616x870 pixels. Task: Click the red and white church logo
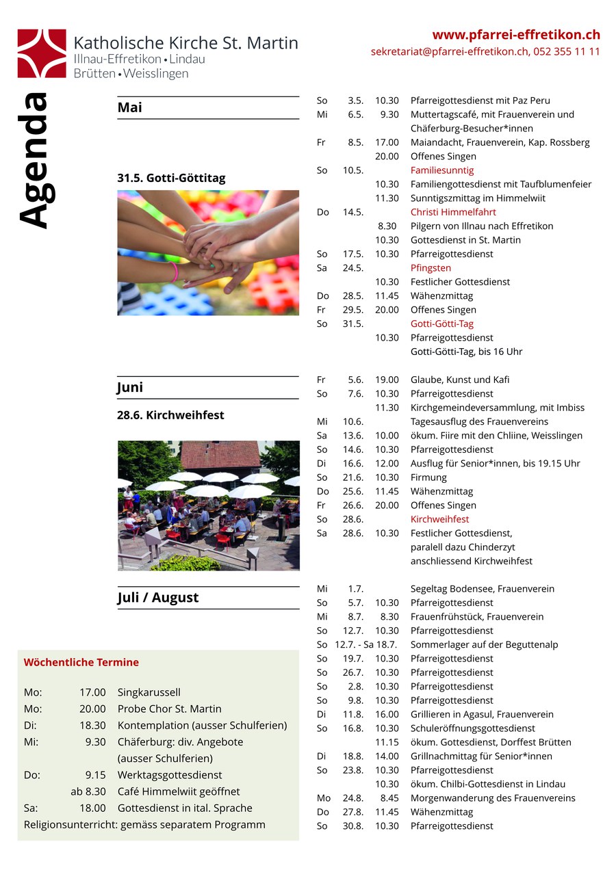pos(42,53)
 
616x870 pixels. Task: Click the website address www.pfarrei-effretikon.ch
pos(516,35)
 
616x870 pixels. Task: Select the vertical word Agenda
pos(34,160)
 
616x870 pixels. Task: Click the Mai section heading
pos(130,107)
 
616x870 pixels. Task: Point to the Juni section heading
pos(131,387)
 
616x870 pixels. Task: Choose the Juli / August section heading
pos(158,597)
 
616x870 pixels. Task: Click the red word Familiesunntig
pos(441,170)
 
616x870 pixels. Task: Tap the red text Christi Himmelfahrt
pos(453,212)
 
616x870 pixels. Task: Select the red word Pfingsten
pos(431,268)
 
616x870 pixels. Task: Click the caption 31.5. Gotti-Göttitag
pos(171,178)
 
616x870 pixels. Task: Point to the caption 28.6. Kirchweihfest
pos(170,415)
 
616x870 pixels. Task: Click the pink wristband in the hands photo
pos(175,272)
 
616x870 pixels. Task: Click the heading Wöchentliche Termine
pos(81,662)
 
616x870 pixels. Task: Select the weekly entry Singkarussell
pos(149,692)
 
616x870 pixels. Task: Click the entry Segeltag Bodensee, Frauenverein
pos(482,589)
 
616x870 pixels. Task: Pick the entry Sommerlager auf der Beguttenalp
pos(483,645)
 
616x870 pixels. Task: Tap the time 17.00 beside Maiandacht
pos(387,142)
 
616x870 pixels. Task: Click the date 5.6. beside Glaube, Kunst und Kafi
pos(355,380)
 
